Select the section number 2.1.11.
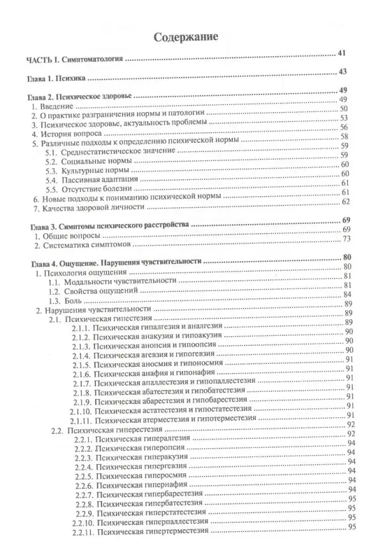click(83, 421)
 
